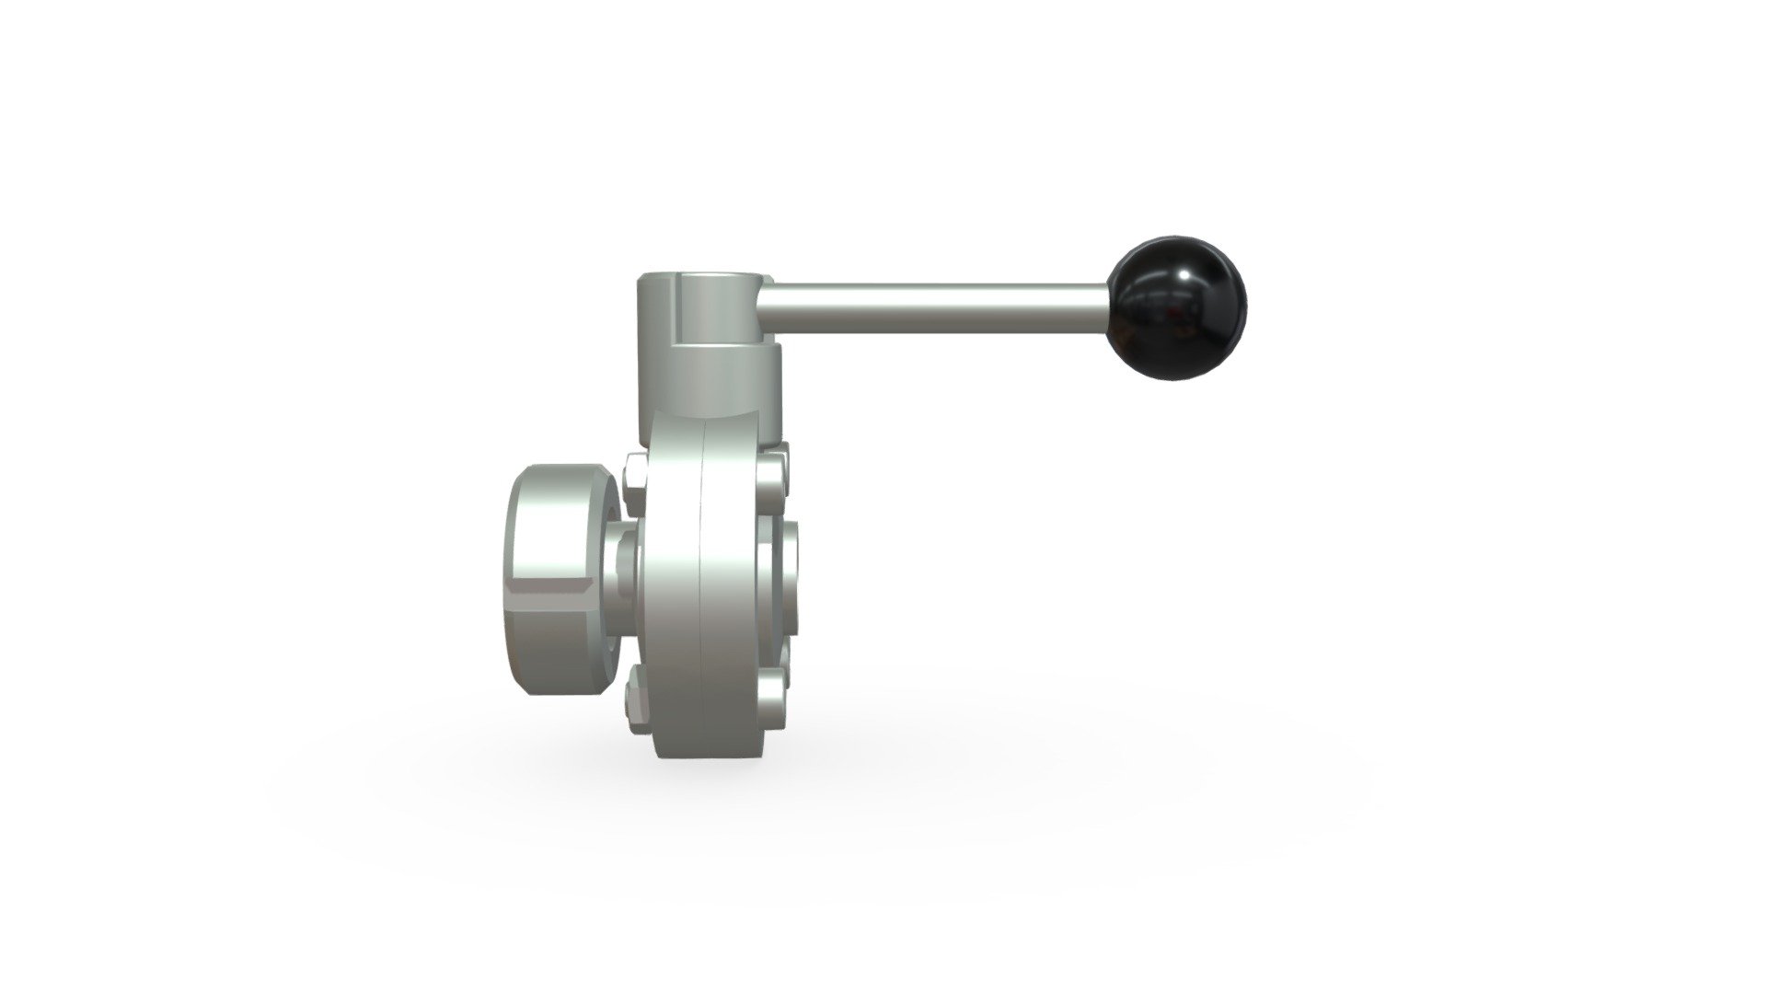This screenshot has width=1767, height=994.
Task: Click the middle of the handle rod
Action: pyautogui.click(x=939, y=298)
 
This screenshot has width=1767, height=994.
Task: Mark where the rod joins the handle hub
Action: pyautogui.click(x=771, y=297)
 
